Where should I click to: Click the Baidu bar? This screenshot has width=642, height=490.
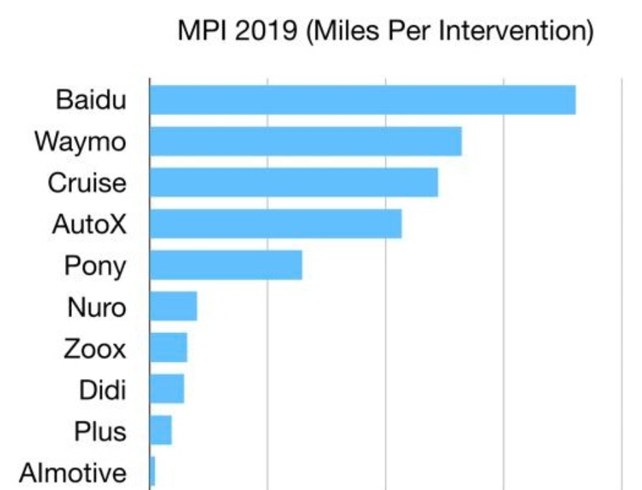[x=363, y=100]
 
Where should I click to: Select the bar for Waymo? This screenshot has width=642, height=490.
[x=306, y=141]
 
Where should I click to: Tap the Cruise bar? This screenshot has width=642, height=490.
[x=294, y=182]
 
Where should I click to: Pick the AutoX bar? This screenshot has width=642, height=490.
[x=276, y=223]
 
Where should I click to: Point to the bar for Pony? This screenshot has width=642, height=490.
[x=226, y=265]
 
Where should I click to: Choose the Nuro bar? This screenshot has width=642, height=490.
[x=173, y=306]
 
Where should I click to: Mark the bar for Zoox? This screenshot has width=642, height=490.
[x=168, y=347]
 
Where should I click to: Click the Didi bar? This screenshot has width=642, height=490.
[x=167, y=389]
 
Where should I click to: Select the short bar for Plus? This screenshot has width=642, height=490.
[x=161, y=430]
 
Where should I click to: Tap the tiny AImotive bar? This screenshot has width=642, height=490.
[x=153, y=471]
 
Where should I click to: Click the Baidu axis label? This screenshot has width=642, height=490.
[x=91, y=101]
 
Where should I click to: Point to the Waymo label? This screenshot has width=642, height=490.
[x=81, y=142]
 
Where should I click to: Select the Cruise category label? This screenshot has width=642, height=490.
[x=87, y=183]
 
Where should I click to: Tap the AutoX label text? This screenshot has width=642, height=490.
[x=89, y=224]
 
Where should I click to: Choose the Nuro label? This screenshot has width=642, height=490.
[x=97, y=307]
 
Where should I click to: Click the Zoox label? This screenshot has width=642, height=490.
[x=94, y=349]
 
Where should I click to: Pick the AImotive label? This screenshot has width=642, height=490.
[x=73, y=473]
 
